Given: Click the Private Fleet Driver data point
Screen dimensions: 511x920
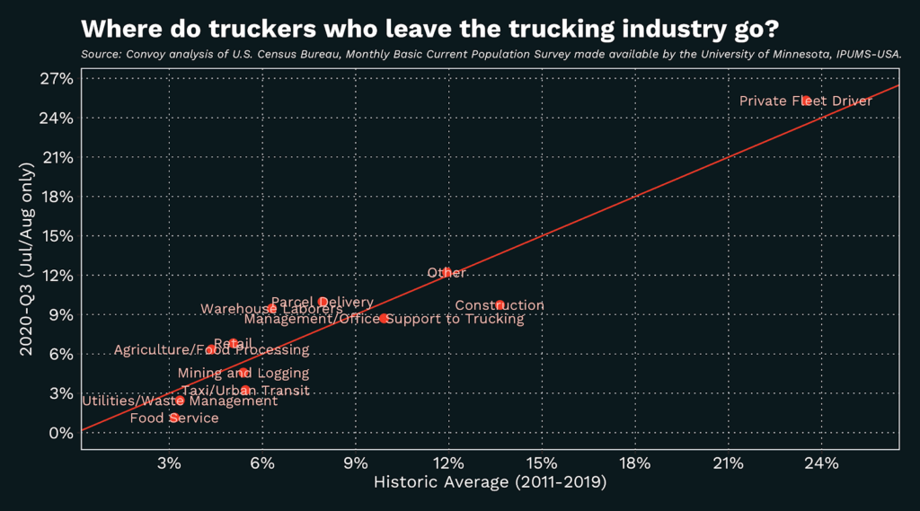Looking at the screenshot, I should [x=806, y=101].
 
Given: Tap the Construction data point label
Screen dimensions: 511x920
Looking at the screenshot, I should [x=499, y=305].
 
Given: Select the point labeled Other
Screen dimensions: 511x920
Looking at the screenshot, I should [x=447, y=272].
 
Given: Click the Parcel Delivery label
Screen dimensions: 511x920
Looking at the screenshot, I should [x=322, y=303].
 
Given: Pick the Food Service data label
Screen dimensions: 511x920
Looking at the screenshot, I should [x=174, y=418].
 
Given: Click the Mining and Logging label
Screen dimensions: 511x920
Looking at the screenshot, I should [x=243, y=373].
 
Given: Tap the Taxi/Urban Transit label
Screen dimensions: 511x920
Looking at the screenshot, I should [x=244, y=391].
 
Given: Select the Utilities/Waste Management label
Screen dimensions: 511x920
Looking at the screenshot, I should [x=180, y=401].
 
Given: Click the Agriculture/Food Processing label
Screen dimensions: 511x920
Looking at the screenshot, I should [x=211, y=349].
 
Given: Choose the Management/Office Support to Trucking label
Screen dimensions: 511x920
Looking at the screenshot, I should [x=384, y=318].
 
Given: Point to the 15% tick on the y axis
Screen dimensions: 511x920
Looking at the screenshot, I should [x=57, y=236].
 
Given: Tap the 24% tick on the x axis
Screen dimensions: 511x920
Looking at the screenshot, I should [x=821, y=463].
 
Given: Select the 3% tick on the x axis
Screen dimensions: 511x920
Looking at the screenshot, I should [x=169, y=463].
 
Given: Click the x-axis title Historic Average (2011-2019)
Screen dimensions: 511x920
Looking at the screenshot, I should [x=490, y=483].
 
